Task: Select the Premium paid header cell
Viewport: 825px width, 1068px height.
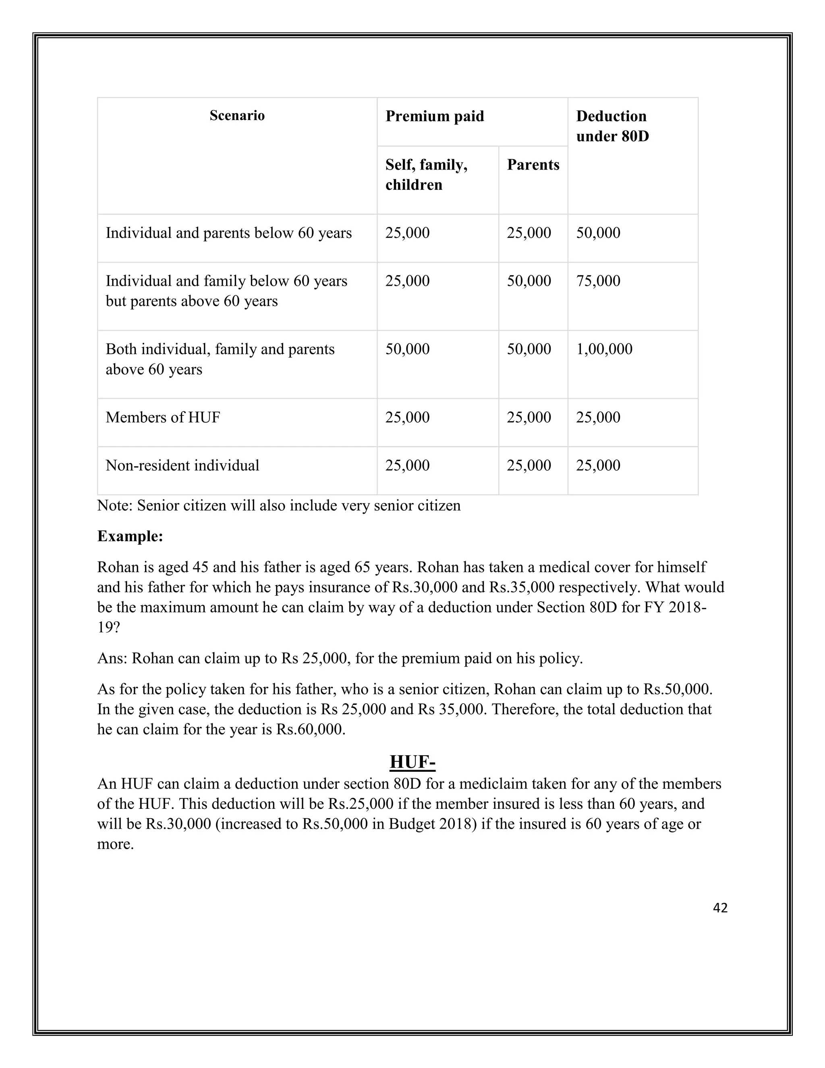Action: pyautogui.click(x=435, y=116)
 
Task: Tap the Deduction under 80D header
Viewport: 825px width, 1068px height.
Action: pyautogui.click(x=612, y=126)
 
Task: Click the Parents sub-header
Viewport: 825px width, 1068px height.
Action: pyautogui.click(x=533, y=165)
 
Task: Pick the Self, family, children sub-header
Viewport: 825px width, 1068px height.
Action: pyautogui.click(x=426, y=175)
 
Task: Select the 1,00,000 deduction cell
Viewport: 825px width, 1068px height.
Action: pyautogui.click(x=604, y=349)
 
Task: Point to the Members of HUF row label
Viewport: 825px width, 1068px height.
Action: pyautogui.click(x=163, y=417)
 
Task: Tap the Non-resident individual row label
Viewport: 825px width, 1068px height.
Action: pyautogui.click(x=182, y=465)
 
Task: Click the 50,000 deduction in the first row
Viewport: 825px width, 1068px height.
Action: pyautogui.click(x=598, y=233)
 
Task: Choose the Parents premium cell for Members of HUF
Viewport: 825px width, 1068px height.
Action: pyautogui.click(x=529, y=417)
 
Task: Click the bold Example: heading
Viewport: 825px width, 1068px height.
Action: pyautogui.click(x=130, y=536)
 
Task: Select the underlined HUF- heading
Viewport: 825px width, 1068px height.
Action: pyautogui.click(x=412, y=762)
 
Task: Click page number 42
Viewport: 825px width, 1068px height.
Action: pyautogui.click(x=720, y=908)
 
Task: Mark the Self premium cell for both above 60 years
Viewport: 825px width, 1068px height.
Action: pyautogui.click(x=407, y=349)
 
